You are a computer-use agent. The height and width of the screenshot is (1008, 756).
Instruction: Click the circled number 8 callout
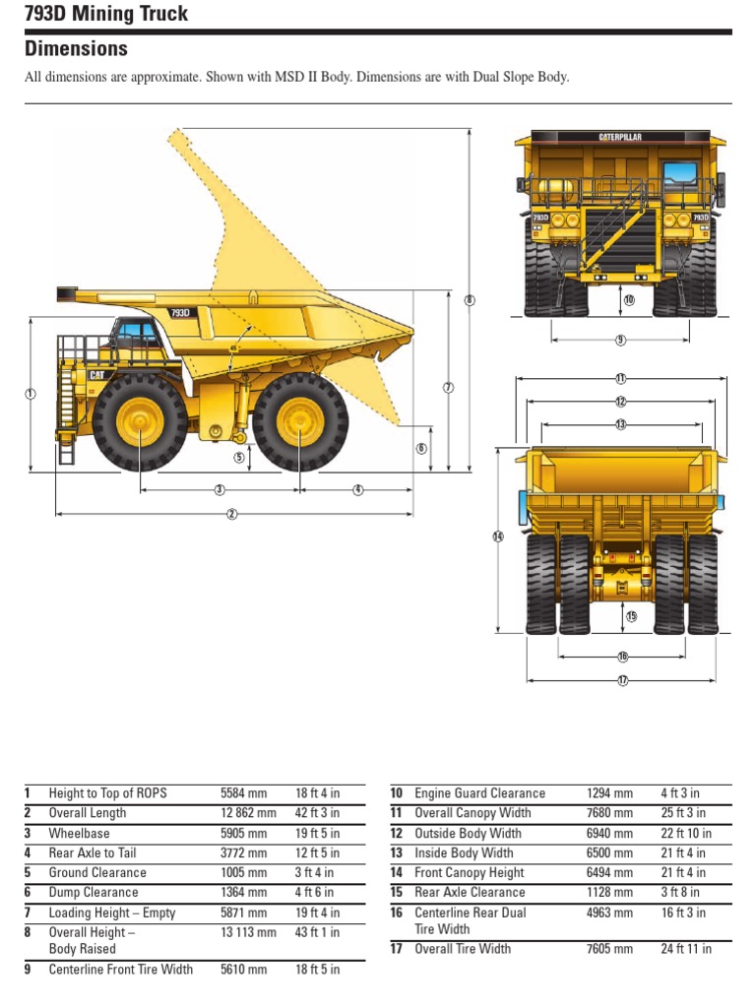(x=470, y=300)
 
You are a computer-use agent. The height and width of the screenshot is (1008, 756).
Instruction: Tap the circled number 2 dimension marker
(x=232, y=513)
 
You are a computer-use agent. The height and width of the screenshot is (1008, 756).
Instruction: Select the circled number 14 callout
(x=498, y=536)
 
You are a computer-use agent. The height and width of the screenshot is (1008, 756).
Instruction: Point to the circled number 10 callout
(x=630, y=299)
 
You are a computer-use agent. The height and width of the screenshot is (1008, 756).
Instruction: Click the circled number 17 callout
(x=622, y=680)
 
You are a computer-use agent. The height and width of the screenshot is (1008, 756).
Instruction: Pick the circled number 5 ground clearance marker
(x=238, y=457)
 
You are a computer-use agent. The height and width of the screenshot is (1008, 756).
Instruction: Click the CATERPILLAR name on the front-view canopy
(x=620, y=137)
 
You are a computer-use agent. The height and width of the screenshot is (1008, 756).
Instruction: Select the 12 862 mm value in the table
(x=243, y=813)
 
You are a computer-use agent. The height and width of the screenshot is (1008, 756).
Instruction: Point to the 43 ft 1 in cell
(x=317, y=932)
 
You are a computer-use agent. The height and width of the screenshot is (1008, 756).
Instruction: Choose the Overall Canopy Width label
(x=472, y=813)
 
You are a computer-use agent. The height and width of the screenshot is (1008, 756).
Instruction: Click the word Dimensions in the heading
(x=76, y=48)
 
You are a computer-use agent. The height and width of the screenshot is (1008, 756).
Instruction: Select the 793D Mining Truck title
(x=105, y=14)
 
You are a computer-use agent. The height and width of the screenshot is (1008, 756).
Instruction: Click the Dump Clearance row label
(x=94, y=893)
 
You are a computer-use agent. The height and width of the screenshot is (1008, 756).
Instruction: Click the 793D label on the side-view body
(x=179, y=313)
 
